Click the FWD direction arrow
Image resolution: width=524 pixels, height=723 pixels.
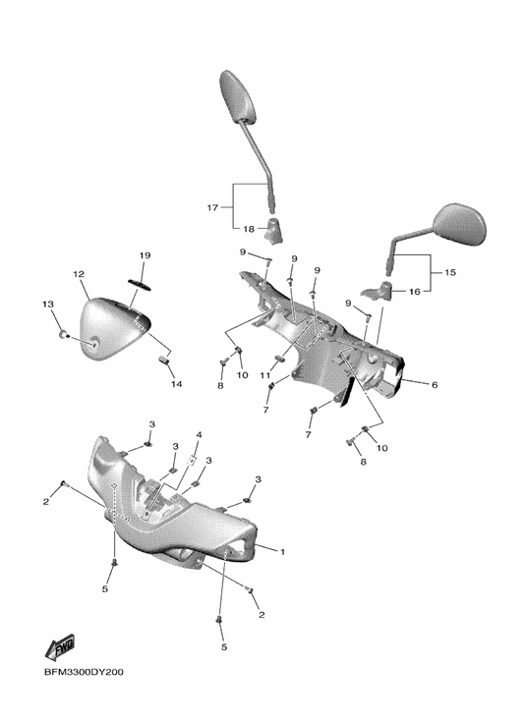(x=60, y=646)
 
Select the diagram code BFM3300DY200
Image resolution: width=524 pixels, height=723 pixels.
(x=84, y=672)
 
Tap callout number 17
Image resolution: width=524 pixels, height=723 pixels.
(x=212, y=207)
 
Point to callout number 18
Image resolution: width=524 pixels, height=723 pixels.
(x=249, y=229)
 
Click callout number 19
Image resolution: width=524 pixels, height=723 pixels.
(x=145, y=255)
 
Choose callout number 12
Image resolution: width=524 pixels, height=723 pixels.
(x=79, y=274)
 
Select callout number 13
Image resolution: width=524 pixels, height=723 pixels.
(x=47, y=304)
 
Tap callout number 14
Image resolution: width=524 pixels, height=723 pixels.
(x=177, y=384)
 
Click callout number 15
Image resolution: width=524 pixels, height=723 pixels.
(x=449, y=272)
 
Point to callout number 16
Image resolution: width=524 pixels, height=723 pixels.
(x=415, y=292)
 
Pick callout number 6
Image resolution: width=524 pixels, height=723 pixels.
(x=435, y=384)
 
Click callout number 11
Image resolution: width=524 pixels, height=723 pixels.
(x=264, y=375)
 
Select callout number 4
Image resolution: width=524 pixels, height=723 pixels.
(x=200, y=435)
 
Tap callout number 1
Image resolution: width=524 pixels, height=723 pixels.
(x=282, y=551)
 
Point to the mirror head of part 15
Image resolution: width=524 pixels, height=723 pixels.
(x=460, y=224)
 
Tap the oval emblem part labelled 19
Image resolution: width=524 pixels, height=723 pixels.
(x=139, y=284)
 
